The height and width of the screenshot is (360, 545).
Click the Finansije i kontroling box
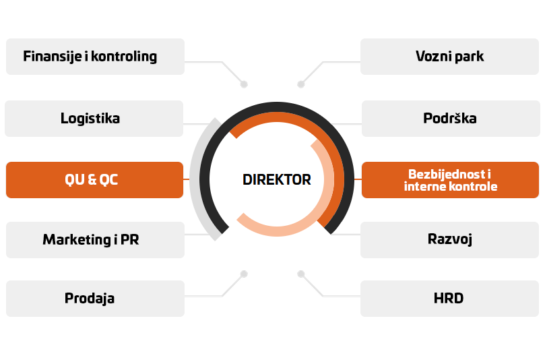pyautogui.click(x=94, y=57)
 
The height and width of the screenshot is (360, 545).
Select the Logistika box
pyautogui.click(x=94, y=119)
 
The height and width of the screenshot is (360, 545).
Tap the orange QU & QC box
pyautogui.click(x=94, y=180)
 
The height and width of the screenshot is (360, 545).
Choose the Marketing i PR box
pyautogui.click(x=94, y=239)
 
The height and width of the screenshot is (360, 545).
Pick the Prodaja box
pyautogui.click(x=94, y=298)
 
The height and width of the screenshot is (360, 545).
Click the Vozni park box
pyautogui.click(x=450, y=57)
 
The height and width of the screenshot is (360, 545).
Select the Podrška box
pyautogui.click(x=450, y=119)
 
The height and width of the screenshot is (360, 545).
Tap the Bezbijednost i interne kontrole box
pyautogui.click(x=450, y=180)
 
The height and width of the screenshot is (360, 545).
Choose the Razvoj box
pyautogui.click(x=450, y=239)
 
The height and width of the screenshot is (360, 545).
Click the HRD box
pyautogui.click(x=450, y=298)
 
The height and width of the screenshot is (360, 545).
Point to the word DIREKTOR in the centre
pyautogui.click(x=277, y=180)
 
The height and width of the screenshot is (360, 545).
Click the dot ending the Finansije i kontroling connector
pyautogui.click(x=244, y=85)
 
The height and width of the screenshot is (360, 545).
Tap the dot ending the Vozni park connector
pyautogui.click(x=301, y=85)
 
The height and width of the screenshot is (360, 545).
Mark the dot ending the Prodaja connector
pyautogui.click(x=244, y=274)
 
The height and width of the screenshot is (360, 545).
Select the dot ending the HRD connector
pyautogui.click(x=301, y=274)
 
